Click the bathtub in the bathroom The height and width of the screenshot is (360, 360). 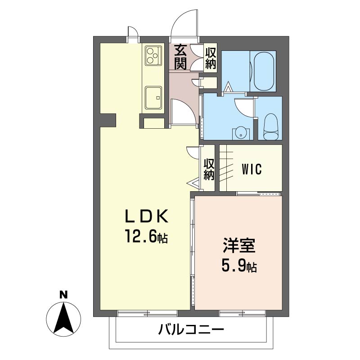[x=264, y=71]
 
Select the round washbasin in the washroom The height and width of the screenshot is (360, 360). [x=241, y=134]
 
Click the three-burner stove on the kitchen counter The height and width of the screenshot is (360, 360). [x=153, y=55]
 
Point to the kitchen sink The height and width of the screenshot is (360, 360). [x=153, y=97]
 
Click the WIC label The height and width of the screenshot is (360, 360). [x=252, y=170]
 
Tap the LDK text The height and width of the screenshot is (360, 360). [x=147, y=216]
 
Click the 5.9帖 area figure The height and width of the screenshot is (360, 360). [x=239, y=265]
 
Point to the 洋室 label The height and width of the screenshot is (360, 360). [x=239, y=245]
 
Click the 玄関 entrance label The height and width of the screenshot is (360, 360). [x=180, y=57]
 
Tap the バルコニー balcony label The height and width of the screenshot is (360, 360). [x=191, y=330]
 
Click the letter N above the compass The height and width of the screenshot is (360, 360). [x=63, y=295]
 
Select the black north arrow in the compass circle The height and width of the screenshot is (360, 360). [x=63, y=319]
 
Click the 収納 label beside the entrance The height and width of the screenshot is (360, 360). [x=211, y=58]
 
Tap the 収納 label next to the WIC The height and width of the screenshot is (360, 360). [x=209, y=170]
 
